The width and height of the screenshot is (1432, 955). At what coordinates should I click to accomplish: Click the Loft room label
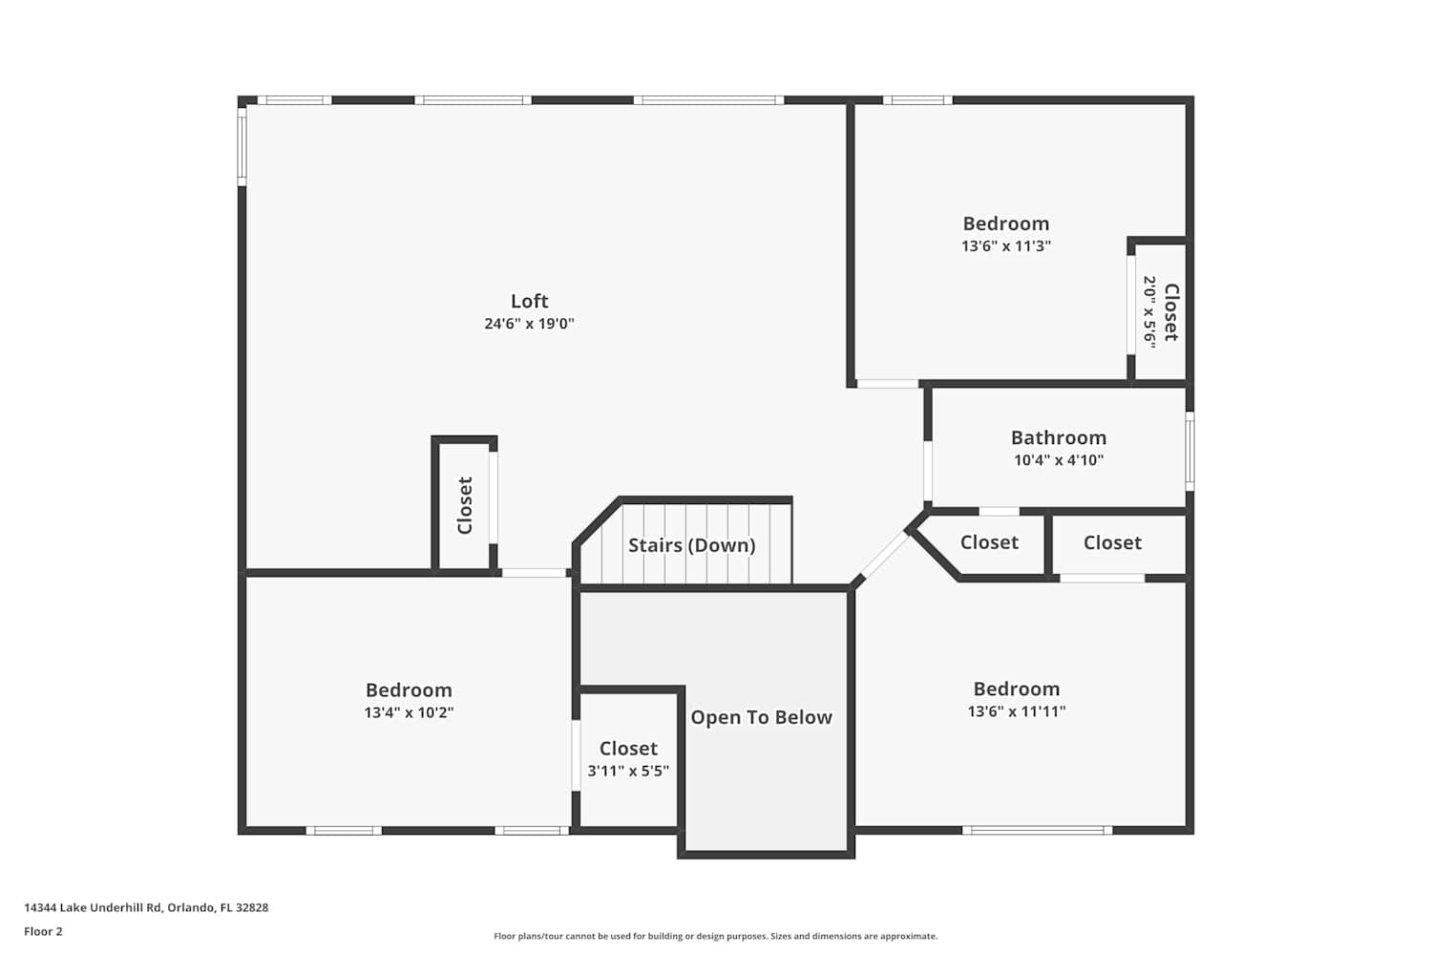coord(529,301)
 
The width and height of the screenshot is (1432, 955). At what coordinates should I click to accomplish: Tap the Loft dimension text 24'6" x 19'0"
coord(529,324)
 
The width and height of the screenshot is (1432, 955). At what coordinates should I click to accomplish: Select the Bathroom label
coord(1059,437)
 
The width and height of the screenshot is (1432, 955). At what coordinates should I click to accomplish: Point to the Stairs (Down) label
coord(692,545)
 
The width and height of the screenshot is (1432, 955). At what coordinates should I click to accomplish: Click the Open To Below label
coord(762,717)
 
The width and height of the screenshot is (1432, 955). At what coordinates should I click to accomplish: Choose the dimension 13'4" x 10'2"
coord(410,712)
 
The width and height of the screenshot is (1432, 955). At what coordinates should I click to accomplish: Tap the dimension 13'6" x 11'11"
coord(1017,711)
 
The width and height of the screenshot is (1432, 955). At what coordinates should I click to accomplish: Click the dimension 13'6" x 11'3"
coord(1006,246)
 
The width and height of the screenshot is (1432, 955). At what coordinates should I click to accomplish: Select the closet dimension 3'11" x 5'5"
coord(628,771)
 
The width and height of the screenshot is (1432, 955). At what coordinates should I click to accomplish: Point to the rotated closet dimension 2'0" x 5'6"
coord(1149,312)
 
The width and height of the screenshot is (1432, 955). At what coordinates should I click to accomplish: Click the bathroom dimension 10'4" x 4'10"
coord(1059,460)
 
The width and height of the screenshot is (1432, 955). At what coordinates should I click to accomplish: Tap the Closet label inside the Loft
coord(465,505)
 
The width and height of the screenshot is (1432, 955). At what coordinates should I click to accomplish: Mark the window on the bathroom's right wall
coord(1190,451)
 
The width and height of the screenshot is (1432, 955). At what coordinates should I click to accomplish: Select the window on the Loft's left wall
coord(242,146)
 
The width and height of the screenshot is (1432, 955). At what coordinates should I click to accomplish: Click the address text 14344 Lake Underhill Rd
coord(93,907)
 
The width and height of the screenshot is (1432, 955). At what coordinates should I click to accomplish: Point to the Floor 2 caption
coord(44,931)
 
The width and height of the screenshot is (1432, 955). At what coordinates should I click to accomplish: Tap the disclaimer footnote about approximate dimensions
coord(715,936)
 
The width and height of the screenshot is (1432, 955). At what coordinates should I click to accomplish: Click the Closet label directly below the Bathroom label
coord(989,542)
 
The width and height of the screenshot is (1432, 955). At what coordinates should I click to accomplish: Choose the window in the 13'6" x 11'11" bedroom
coord(1037,830)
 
